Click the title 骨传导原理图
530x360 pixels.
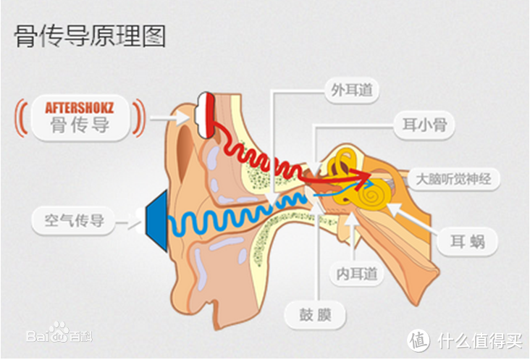click(90, 35)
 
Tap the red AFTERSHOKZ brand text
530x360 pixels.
click(80, 108)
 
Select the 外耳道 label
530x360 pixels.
click(352, 91)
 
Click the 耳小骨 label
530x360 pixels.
click(424, 125)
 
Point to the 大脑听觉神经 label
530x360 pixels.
click(453, 179)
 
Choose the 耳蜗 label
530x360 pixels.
click(468, 241)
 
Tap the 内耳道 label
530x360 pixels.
click(357, 274)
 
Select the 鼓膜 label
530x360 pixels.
click(315, 314)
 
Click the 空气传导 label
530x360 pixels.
click(74, 220)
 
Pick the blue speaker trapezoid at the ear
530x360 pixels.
click(157, 220)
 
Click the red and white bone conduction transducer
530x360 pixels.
click(205, 115)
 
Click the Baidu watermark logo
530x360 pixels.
click(59, 333)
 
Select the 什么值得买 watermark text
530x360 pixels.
click(480, 340)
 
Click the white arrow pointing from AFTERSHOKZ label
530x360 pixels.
click(169, 118)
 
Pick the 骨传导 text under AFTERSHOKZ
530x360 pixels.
click(80, 125)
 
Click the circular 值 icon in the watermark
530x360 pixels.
click(418, 340)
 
